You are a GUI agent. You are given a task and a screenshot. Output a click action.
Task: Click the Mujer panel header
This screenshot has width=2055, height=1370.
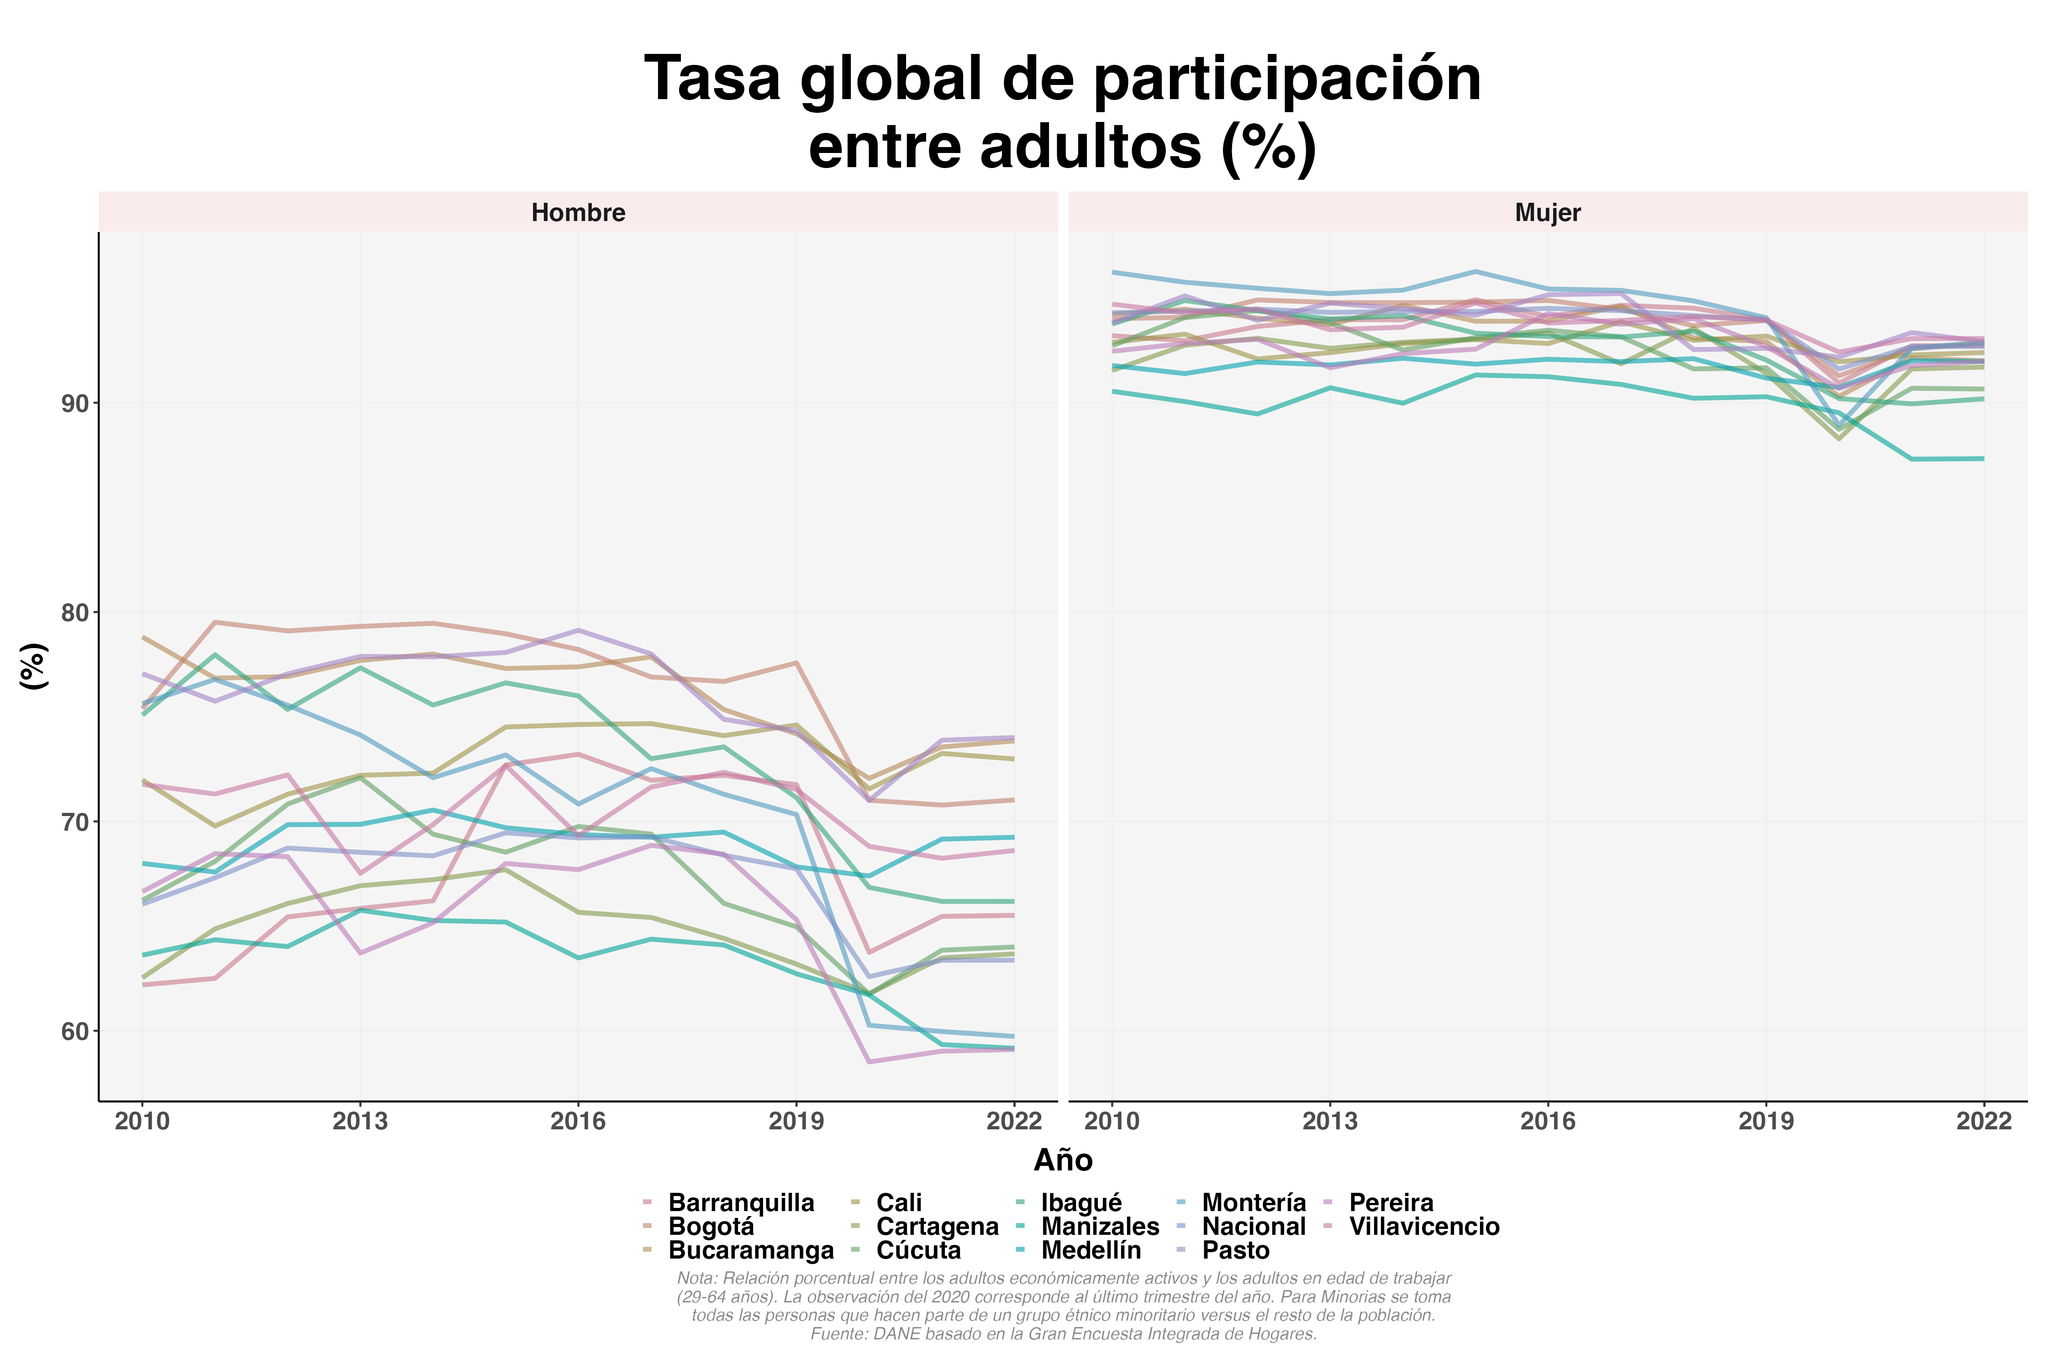coord(1547,212)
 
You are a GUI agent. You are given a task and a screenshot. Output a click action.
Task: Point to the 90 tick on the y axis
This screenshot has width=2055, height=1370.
coord(75,404)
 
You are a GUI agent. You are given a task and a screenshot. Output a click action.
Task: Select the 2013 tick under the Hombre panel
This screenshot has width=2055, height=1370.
coord(360,1121)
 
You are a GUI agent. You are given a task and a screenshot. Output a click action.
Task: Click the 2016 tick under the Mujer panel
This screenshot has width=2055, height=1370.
coord(1547,1121)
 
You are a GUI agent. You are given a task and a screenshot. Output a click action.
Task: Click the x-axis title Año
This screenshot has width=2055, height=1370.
coord(1063,1160)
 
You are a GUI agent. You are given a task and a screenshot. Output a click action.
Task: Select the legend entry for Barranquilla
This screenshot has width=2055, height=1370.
coord(740,1203)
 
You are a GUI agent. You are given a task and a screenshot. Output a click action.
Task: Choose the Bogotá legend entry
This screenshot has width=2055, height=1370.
coord(710,1227)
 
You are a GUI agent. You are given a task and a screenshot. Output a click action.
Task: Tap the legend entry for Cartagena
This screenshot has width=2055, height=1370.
coord(937,1227)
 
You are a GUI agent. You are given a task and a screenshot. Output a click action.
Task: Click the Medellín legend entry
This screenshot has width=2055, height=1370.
coord(1091,1250)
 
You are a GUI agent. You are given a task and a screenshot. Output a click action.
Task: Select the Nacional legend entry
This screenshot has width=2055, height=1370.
coord(1253,1227)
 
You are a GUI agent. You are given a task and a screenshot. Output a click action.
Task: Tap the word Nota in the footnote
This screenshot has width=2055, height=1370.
coord(696,1278)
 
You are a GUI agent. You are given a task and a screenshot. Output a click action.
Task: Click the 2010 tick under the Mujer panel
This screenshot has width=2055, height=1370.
coord(1112,1121)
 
